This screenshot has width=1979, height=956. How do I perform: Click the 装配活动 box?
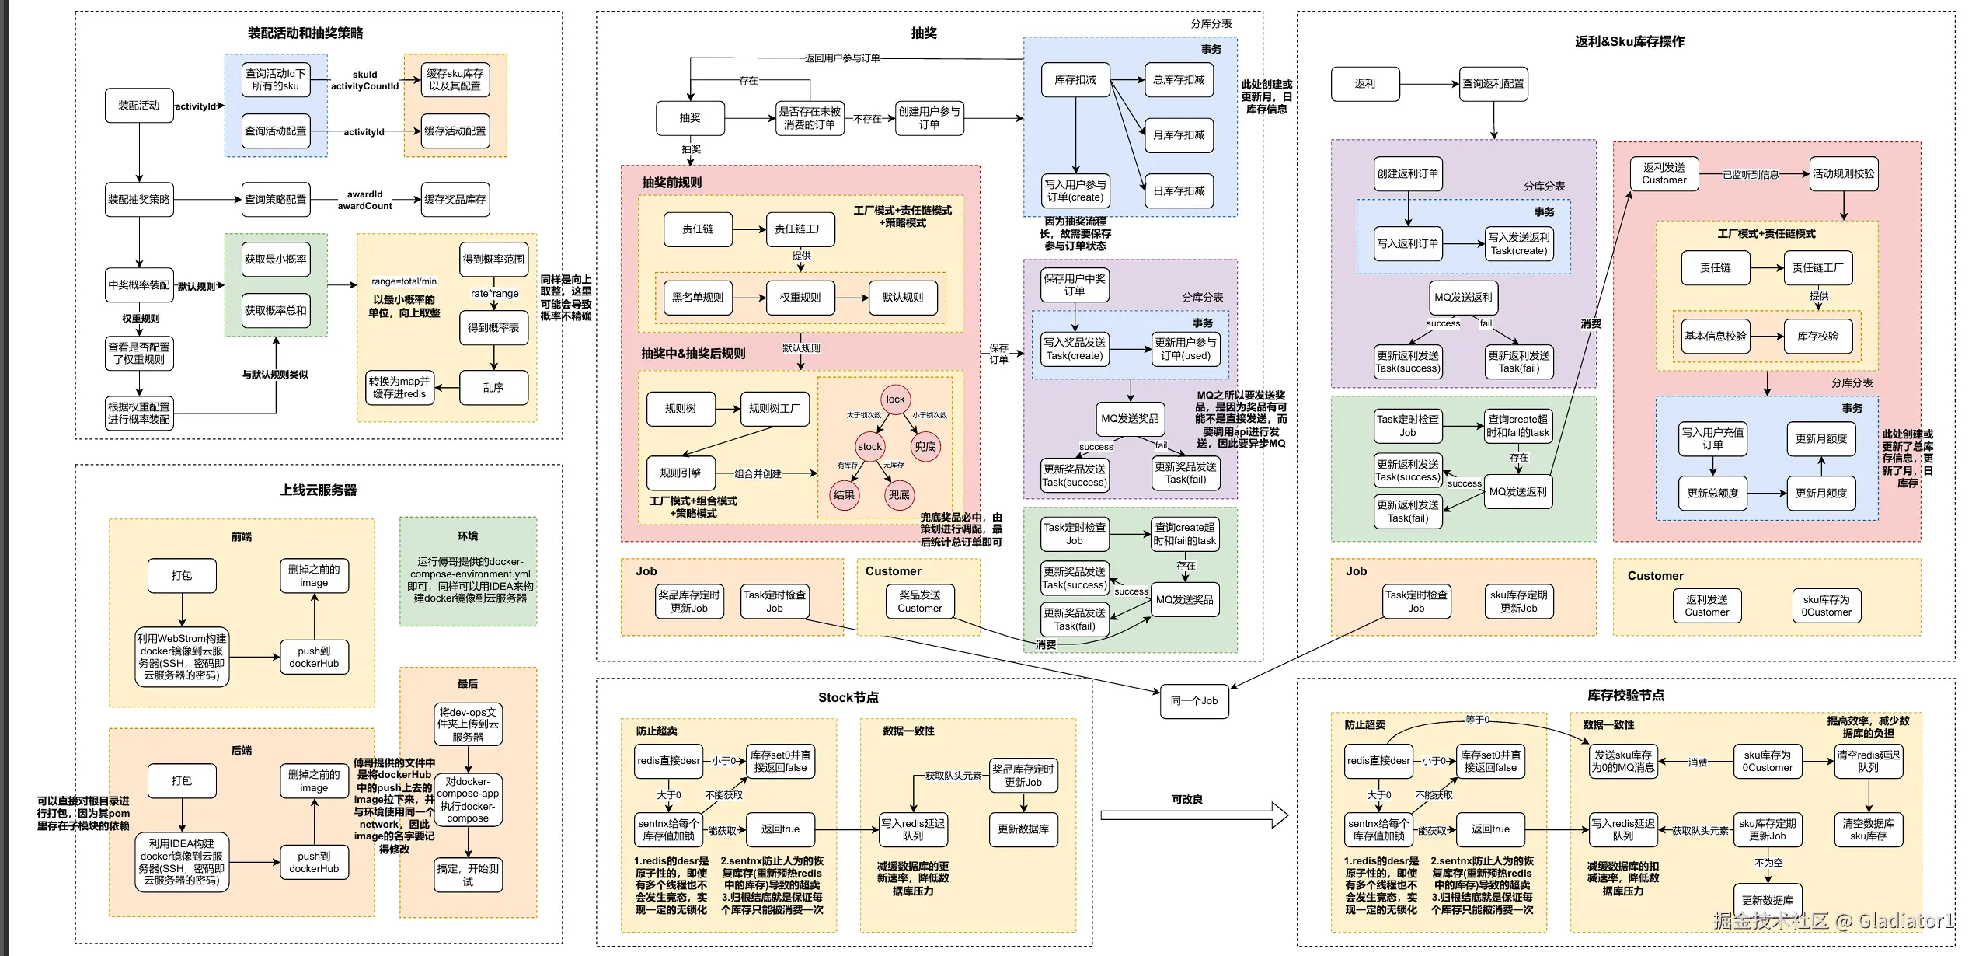(139, 106)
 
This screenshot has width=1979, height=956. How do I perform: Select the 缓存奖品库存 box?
(455, 200)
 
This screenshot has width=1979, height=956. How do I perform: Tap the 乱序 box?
(493, 387)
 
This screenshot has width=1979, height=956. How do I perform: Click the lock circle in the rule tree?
(895, 399)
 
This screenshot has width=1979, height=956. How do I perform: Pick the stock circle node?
(869, 447)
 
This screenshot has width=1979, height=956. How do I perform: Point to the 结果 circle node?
(844, 495)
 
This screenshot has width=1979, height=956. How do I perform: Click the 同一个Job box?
(1193, 701)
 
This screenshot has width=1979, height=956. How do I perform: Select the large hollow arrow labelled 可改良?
(1194, 815)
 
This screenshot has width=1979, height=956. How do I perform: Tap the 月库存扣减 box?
(1179, 135)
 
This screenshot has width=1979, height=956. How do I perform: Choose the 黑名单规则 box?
(698, 298)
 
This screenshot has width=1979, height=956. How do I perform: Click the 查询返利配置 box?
(1493, 84)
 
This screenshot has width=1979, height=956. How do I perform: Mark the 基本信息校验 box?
(1715, 337)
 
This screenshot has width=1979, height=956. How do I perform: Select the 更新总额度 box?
(1712, 494)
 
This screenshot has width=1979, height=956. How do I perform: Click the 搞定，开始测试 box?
(468, 874)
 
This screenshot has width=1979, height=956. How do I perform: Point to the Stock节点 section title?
(848, 698)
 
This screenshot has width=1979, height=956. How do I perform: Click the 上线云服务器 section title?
(319, 490)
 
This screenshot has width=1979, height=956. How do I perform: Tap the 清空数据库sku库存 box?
(1868, 829)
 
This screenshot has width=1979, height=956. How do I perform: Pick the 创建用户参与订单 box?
(929, 118)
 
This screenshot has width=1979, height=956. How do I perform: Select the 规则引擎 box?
(681, 473)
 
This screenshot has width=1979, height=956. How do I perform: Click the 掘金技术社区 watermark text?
(1771, 922)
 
